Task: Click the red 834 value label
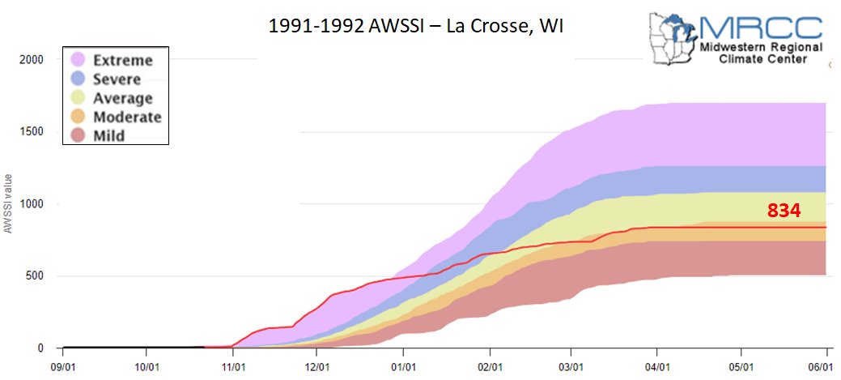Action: [784, 211]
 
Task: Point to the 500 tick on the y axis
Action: [33, 276]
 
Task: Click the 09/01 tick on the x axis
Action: [62, 365]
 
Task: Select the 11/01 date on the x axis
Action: [233, 365]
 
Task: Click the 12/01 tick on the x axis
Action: [317, 365]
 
